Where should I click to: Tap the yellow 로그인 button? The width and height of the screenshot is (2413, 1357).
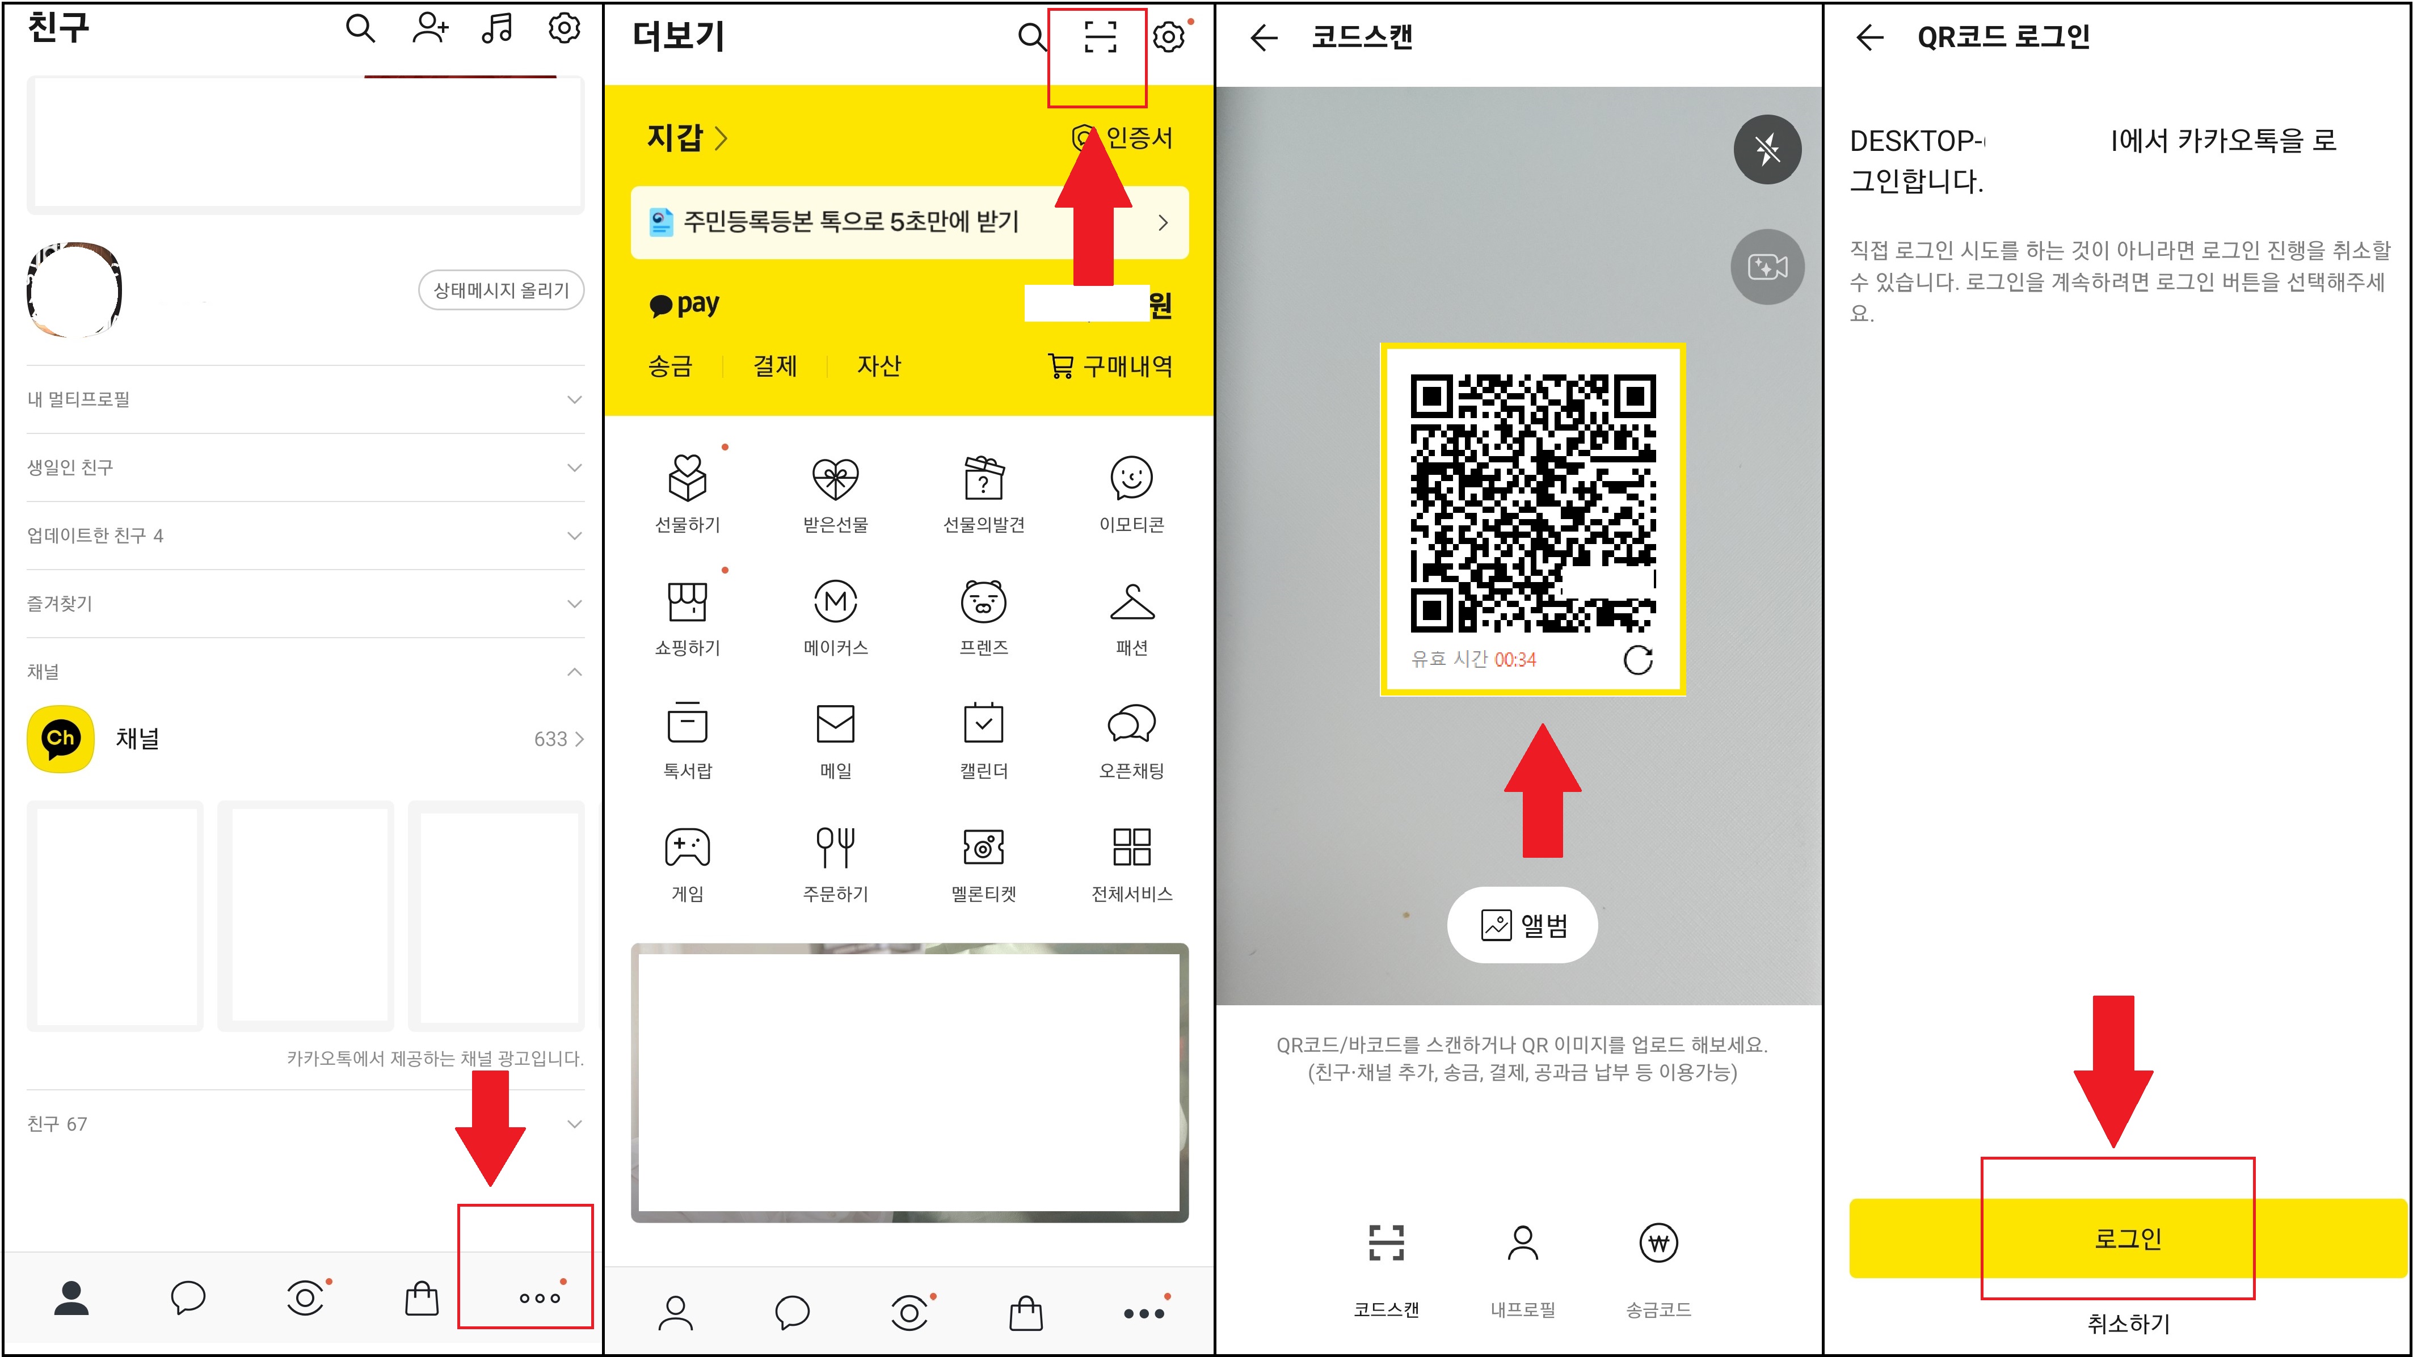pos(2126,1238)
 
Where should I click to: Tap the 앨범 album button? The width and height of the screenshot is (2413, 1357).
pos(1522,925)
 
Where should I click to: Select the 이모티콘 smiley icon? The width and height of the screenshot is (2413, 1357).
pos(1131,479)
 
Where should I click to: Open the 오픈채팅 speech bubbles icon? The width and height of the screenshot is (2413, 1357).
pos(1131,724)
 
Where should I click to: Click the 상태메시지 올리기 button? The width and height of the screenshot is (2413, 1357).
pos(501,290)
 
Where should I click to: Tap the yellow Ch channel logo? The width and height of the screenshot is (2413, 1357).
pos(61,738)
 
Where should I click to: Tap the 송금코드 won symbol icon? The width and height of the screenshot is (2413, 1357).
pos(1658,1244)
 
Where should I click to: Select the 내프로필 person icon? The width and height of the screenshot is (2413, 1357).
pos(1522,1244)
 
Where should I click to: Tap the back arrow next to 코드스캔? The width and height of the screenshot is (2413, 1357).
pos(1264,37)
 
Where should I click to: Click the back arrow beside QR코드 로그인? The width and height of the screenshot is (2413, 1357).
pos(1869,37)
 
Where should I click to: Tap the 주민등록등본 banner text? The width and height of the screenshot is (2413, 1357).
pos(850,222)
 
